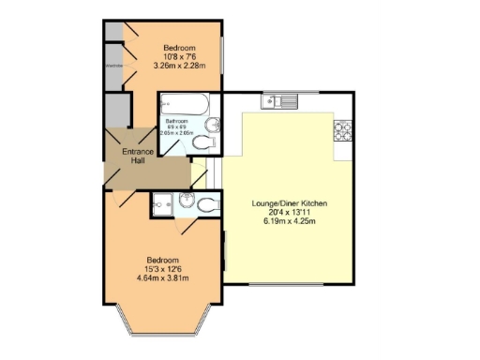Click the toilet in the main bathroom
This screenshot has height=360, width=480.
pos(207,142)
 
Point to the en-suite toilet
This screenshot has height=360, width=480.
pos(207,202)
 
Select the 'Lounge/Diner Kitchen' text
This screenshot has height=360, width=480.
pos(289,203)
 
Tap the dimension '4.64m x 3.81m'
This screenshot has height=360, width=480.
pos(163,278)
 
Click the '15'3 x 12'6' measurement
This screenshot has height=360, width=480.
pos(163,269)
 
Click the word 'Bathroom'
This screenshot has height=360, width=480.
pos(178,122)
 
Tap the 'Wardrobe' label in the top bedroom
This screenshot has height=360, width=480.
pos(113,66)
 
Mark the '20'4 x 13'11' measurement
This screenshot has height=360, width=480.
pos(289,213)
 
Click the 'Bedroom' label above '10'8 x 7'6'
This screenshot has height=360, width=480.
pos(179,48)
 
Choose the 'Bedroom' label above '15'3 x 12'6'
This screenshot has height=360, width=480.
pos(163,260)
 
